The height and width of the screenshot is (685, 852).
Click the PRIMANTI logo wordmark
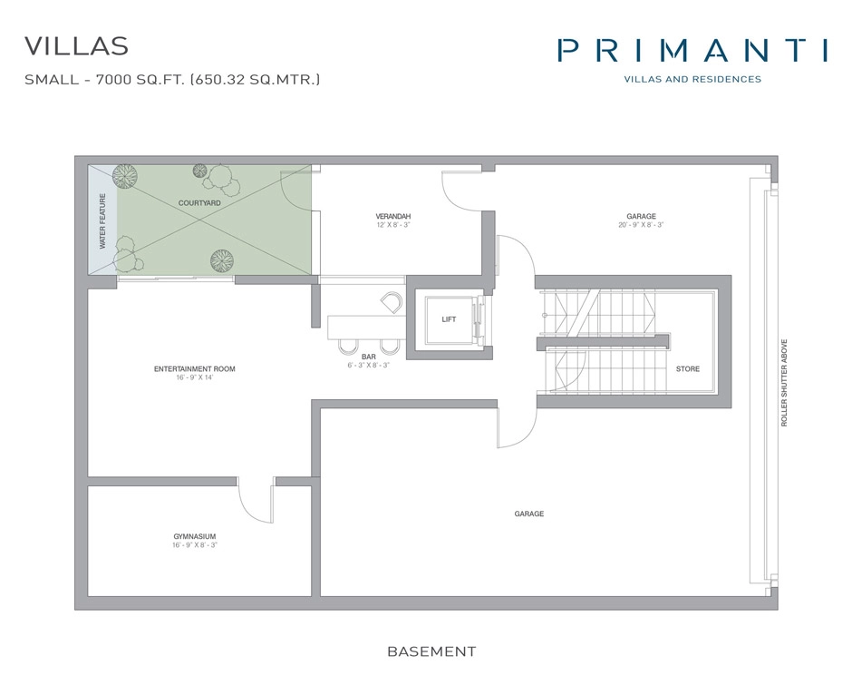pyautogui.click(x=692, y=50)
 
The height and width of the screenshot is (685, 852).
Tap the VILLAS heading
pyautogui.click(x=77, y=45)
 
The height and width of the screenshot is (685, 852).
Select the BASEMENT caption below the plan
pyautogui.click(x=431, y=651)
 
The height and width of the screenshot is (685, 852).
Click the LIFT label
pyautogui.click(x=449, y=319)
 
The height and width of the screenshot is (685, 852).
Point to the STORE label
pyautogui.click(x=687, y=368)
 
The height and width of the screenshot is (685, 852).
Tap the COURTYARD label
pyautogui.click(x=199, y=203)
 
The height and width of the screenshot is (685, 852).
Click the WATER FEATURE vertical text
pyautogui.click(x=102, y=220)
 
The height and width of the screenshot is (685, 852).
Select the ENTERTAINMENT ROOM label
pyautogui.click(x=194, y=368)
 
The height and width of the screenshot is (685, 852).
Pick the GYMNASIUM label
pyautogui.click(x=195, y=536)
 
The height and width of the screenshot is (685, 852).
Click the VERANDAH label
pyautogui.click(x=393, y=216)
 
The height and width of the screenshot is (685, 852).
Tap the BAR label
pyautogui.click(x=368, y=357)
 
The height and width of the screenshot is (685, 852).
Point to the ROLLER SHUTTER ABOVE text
pyautogui.click(x=785, y=384)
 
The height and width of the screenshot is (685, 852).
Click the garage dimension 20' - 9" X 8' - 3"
pyautogui.click(x=641, y=225)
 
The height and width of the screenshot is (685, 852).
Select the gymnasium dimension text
pyautogui.click(x=195, y=545)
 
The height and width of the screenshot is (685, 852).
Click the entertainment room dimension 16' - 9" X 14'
pyautogui.click(x=194, y=377)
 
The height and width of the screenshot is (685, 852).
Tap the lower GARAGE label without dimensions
pyautogui.click(x=529, y=514)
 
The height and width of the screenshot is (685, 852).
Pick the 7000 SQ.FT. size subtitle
pyautogui.click(x=173, y=80)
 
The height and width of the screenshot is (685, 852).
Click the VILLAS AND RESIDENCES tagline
pyautogui.click(x=692, y=79)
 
